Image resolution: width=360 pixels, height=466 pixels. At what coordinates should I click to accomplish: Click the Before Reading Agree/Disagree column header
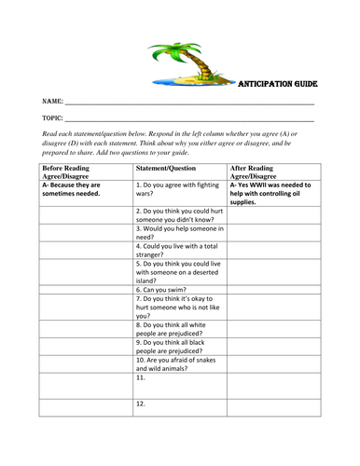click(x=72, y=171)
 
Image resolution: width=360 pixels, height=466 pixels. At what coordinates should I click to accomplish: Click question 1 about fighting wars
click(x=177, y=189)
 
